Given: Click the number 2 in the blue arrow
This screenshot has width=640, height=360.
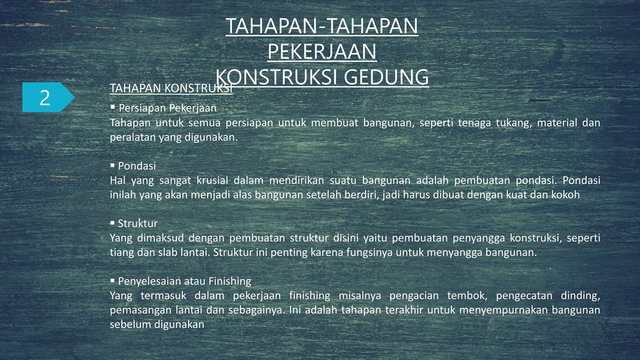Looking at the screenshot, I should pos(45,98).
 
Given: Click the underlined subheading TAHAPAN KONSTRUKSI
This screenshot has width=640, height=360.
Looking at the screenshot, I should pos(171,88).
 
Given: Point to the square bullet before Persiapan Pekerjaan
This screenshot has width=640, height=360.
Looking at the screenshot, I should pos(113,107).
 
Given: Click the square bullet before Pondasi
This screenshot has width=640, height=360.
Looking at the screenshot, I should pos(112,165).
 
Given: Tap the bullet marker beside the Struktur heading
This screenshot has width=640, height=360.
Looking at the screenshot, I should pos(112,223).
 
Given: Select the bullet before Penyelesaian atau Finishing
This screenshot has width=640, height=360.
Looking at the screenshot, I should pos(112,281).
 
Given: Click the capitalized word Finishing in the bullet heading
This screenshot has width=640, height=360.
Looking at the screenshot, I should pos(230,281).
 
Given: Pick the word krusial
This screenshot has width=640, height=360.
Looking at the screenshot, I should pos(212,180).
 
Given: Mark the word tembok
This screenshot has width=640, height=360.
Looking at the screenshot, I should pos(467,296).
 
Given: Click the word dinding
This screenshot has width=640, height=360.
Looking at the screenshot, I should pos(580,296).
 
